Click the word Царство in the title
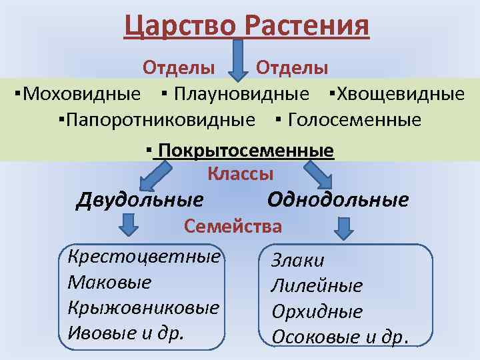point(180,27)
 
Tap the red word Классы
point(241,174)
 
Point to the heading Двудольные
point(140,199)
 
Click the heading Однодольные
point(338,199)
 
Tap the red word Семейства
point(233,226)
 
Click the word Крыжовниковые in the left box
point(143,308)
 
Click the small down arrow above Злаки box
point(343,229)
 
